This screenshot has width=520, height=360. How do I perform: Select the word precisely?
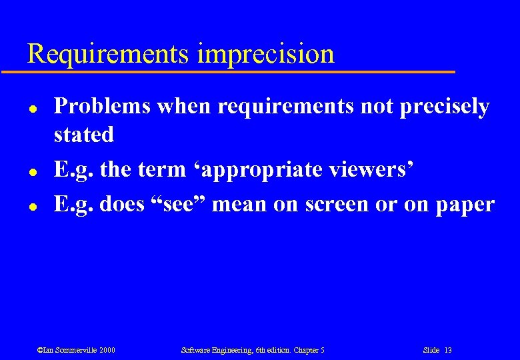tap(445, 106)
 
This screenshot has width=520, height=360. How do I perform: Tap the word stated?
tap(84, 134)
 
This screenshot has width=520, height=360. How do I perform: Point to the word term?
tap(164, 169)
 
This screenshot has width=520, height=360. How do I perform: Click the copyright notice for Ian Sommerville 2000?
tap(76, 350)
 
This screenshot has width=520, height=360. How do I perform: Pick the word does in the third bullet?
tap(122, 204)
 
